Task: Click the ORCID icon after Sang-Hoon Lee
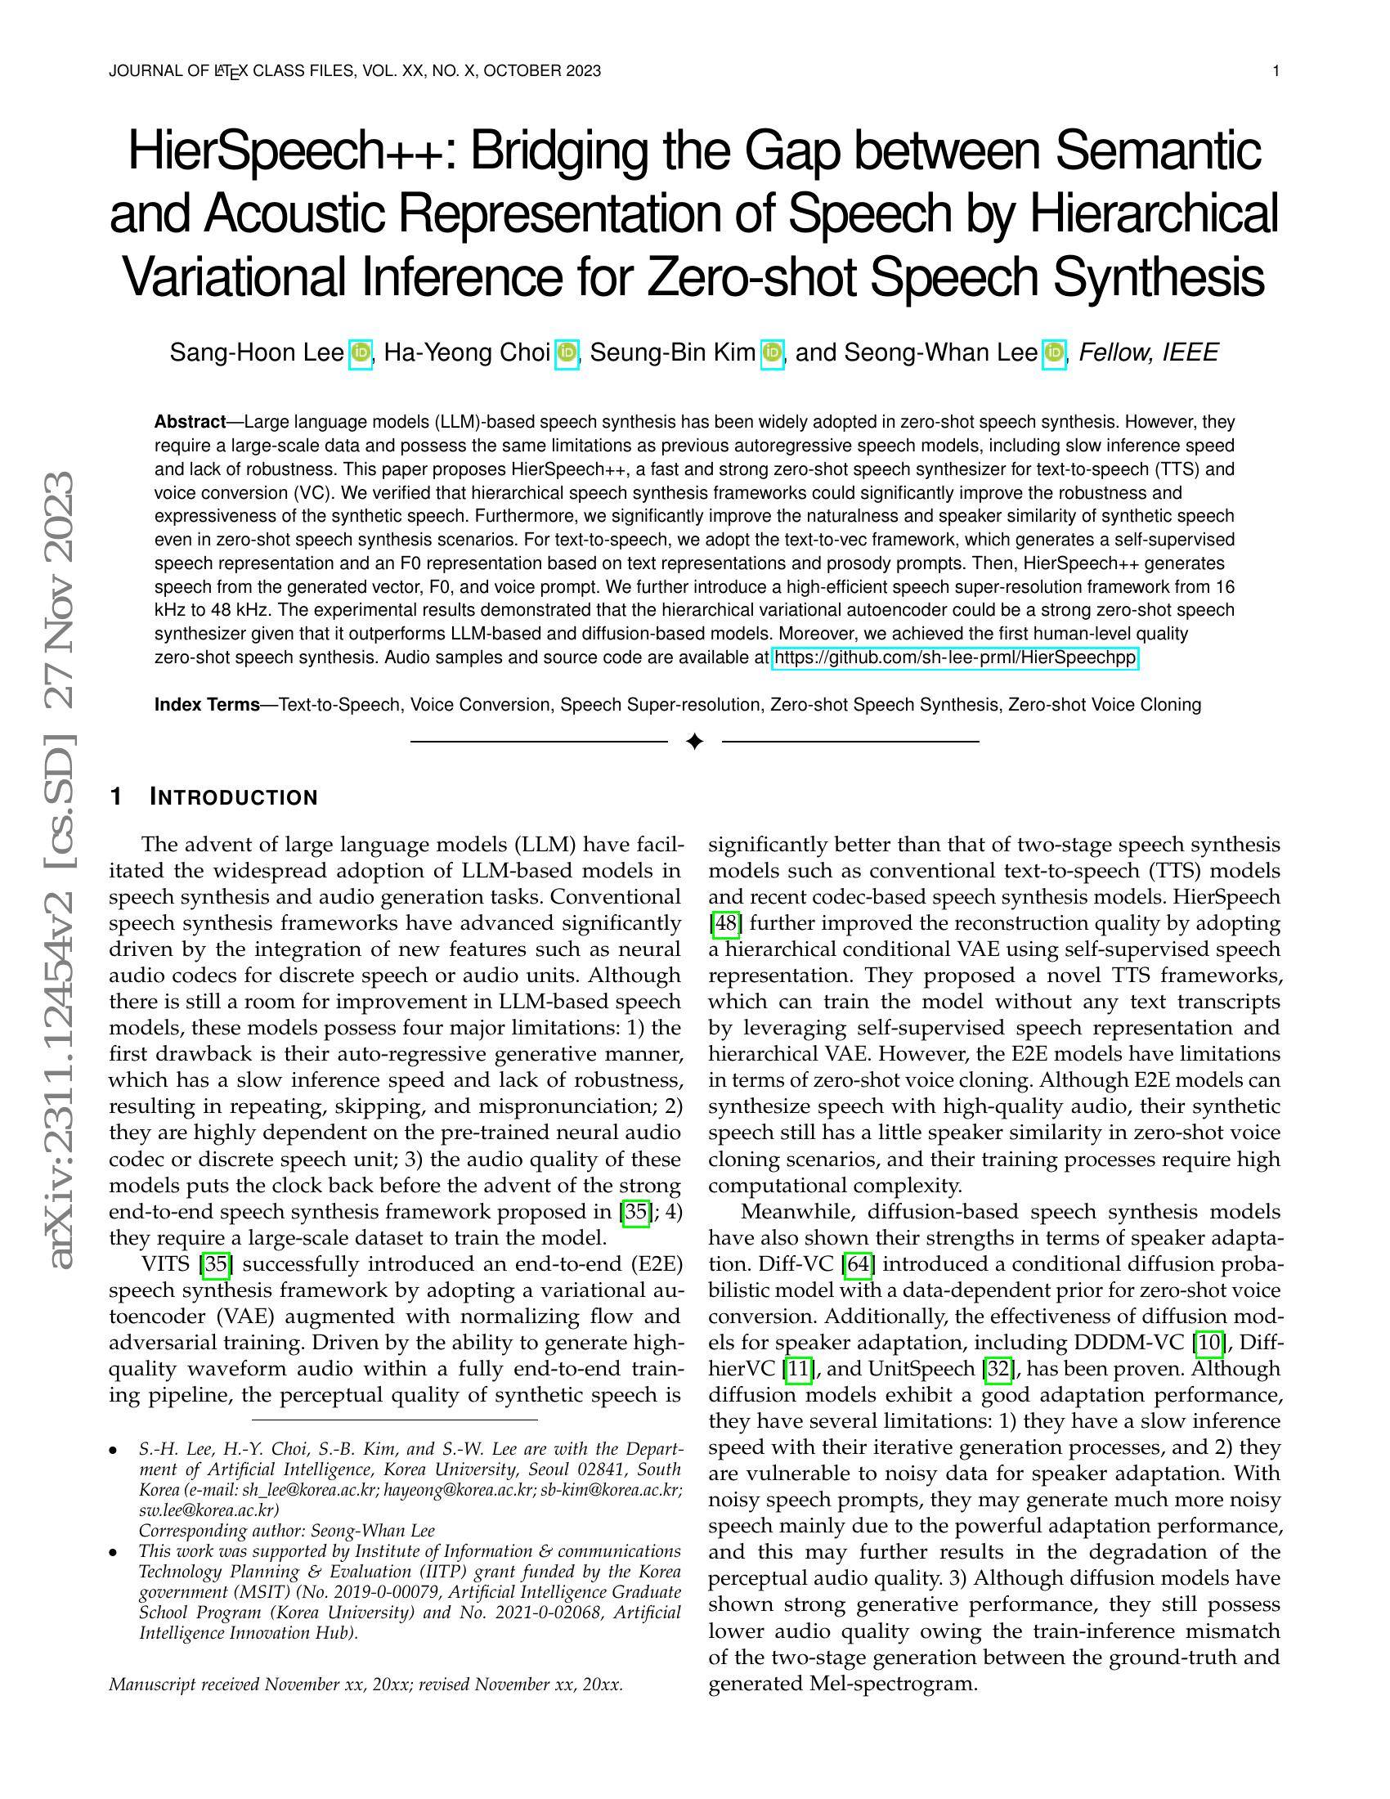click(361, 354)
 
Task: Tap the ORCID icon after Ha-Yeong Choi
click(567, 354)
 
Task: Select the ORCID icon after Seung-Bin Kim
click(772, 354)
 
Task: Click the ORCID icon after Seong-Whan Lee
click(1054, 354)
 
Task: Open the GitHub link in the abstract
click(954, 658)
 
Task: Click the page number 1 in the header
click(1276, 71)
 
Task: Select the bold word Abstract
click(191, 423)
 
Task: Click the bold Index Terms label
click(207, 705)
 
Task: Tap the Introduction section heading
click(233, 797)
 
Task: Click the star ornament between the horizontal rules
click(694, 742)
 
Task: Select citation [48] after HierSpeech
click(724, 923)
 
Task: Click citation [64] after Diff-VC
click(858, 1264)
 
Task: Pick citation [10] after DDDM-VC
click(1208, 1343)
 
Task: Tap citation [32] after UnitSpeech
click(998, 1369)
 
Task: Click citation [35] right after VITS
click(216, 1264)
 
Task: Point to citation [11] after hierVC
click(798, 1369)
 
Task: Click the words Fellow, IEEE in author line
click(1148, 353)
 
